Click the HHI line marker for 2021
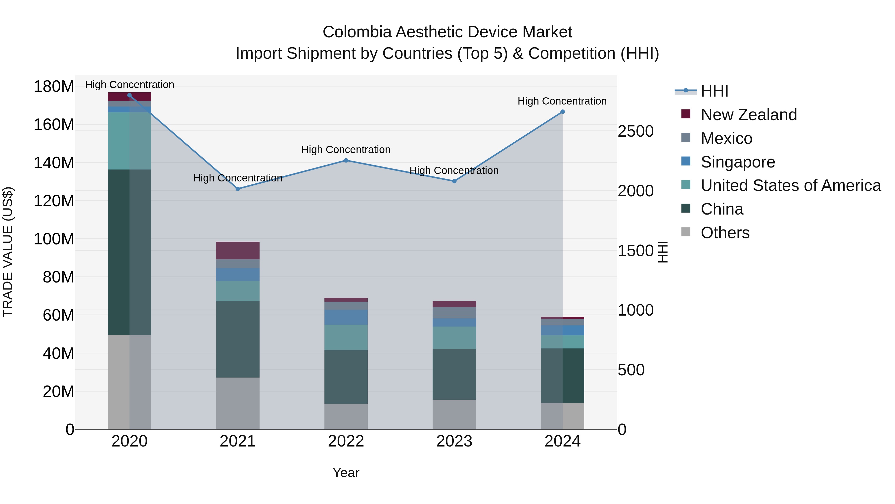coord(238,189)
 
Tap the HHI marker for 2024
coord(563,112)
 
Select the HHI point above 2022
coord(346,160)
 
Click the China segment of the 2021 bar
coord(238,339)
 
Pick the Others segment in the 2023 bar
coord(454,414)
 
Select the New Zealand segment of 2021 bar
coord(238,250)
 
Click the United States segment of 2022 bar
coord(346,337)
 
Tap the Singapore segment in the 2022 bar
coord(346,317)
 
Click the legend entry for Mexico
coord(726,138)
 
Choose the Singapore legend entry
coord(738,162)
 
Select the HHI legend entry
coord(714,91)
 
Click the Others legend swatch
coord(686,232)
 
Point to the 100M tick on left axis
coord(54,239)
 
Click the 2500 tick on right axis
coord(635,131)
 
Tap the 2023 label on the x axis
coord(454,441)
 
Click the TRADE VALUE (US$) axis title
coord(8,252)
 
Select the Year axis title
coord(346,473)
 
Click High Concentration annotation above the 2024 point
coord(562,101)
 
